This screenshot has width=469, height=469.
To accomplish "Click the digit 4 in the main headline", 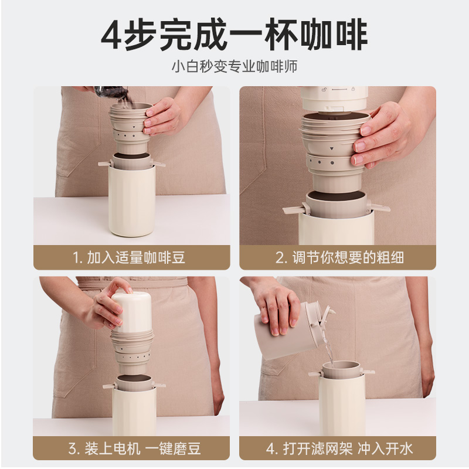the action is click(111, 35).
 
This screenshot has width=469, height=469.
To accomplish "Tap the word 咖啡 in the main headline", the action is click(334, 35).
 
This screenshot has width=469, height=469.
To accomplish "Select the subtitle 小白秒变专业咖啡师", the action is click(235, 66).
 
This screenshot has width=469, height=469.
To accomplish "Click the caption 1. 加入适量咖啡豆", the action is click(129, 257).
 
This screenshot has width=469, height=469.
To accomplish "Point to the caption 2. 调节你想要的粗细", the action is click(339, 257).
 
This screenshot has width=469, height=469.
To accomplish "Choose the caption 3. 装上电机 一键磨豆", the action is click(134, 448).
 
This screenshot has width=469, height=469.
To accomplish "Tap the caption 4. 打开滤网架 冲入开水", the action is click(339, 448).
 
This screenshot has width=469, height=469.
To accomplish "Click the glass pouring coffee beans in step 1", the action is click(111, 93).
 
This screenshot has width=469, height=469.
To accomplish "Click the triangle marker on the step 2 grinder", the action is click(331, 149).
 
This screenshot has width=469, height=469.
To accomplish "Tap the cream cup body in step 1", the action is click(131, 200).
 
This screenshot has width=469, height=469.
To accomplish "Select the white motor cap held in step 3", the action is click(131, 312).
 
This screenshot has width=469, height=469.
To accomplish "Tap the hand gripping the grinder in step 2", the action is click(386, 135).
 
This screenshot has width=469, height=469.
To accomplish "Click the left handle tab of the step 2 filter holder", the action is click(294, 210).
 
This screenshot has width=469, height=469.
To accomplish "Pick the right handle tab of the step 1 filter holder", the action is click(158, 164).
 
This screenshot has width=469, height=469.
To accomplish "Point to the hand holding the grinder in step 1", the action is click(162, 116).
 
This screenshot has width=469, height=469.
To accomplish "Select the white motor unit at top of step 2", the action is click(334, 98).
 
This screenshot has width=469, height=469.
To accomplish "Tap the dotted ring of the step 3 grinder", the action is click(134, 357).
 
